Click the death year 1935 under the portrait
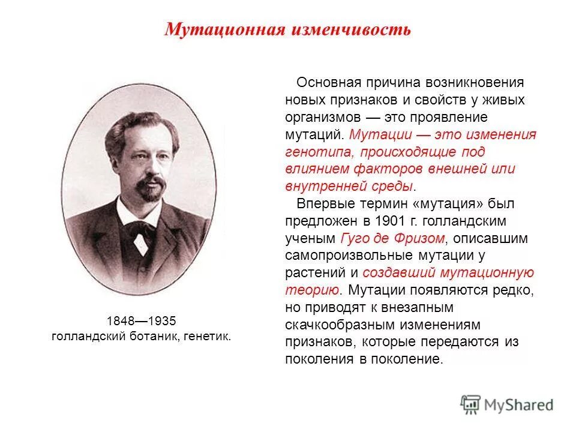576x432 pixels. pyautogui.click(x=162, y=320)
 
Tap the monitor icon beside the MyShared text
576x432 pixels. pyautogui.click(x=471, y=403)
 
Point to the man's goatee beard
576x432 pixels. pyautogui.click(x=149, y=190)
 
